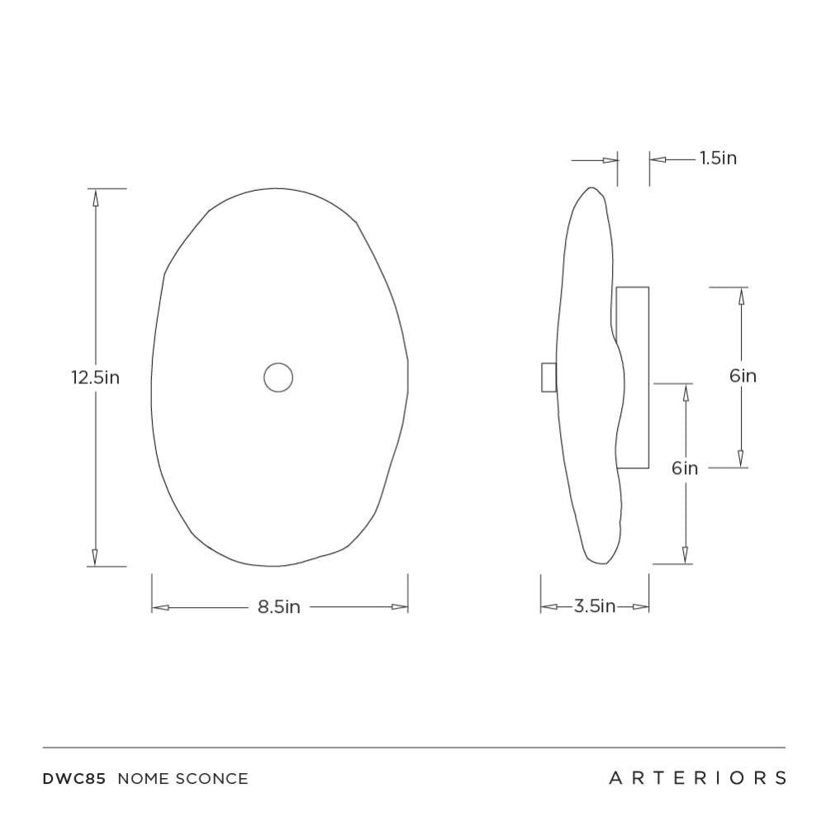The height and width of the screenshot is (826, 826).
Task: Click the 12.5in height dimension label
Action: tap(95, 377)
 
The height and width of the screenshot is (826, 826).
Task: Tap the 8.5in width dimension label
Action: tap(279, 607)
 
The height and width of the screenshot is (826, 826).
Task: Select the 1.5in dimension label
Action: tap(718, 158)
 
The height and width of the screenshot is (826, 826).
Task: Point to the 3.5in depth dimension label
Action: tap(595, 607)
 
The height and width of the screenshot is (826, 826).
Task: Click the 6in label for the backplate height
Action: tap(743, 376)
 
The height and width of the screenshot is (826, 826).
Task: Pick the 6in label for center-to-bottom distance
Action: tap(685, 468)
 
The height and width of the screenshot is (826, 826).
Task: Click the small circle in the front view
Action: tap(278, 377)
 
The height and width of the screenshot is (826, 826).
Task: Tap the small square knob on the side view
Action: tap(548, 377)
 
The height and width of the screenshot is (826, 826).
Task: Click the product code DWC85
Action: tap(74, 778)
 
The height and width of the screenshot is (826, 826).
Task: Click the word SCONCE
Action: tap(211, 778)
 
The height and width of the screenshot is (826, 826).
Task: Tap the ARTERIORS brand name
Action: tap(697, 778)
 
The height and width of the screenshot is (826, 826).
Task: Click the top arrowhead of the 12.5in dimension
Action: tap(95, 197)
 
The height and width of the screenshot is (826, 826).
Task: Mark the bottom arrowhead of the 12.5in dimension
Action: tap(95, 558)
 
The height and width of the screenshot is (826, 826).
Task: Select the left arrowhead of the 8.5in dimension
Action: tap(160, 607)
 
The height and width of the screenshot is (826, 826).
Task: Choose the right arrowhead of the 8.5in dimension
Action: tap(400, 607)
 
